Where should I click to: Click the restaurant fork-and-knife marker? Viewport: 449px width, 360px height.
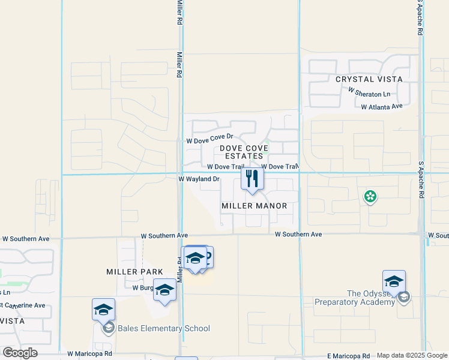[x=252, y=179]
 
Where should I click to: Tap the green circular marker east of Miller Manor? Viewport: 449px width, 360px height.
[x=370, y=196]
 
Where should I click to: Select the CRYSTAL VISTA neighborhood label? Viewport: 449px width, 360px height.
[x=369, y=79]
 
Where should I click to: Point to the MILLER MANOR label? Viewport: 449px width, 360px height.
[x=254, y=206]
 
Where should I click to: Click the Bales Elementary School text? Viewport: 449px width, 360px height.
[x=163, y=328]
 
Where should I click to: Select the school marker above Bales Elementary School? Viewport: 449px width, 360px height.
[x=103, y=310]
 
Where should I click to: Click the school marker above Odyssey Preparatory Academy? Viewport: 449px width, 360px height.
[x=394, y=281]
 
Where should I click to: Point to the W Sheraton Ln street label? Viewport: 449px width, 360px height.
[x=369, y=94]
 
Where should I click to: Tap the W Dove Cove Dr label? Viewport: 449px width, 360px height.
[x=209, y=140]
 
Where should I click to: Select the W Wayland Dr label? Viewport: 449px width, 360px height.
[x=199, y=179]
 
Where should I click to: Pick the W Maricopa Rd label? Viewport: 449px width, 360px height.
[x=89, y=355]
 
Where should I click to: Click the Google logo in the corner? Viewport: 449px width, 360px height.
[x=20, y=353]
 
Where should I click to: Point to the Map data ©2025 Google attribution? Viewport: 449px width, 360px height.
[x=411, y=356]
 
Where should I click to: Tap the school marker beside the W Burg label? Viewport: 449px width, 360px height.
[x=164, y=290]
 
